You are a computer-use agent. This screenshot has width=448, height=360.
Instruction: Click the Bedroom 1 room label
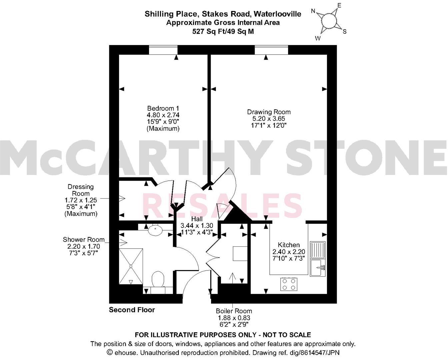pyautogui.click(x=163, y=108)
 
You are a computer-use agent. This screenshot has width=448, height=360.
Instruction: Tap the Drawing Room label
pyautogui.click(x=269, y=112)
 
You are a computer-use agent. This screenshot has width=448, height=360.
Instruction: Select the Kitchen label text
pyautogui.click(x=289, y=245)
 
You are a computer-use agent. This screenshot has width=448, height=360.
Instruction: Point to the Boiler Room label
pyautogui.click(x=234, y=311)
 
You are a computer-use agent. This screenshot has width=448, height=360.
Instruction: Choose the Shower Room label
pyautogui.click(x=83, y=240)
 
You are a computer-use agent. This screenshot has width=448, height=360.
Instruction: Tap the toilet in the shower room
pyautogui.click(x=158, y=280)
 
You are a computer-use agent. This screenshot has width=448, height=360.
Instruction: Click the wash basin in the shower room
pyautogui.click(x=155, y=230)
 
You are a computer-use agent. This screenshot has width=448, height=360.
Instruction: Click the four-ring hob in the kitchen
pyautogui.click(x=289, y=284)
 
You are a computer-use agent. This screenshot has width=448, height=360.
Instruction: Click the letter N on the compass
pyautogui.click(x=313, y=11)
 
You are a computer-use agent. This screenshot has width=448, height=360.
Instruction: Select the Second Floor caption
pyautogui.click(x=132, y=310)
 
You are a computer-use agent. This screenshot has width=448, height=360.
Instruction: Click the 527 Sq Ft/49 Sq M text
pyautogui.click(x=223, y=32)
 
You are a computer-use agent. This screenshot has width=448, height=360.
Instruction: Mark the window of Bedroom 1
pyautogui.click(x=163, y=50)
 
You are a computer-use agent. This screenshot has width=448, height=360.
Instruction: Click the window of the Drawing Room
pyautogui.click(x=271, y=50)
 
